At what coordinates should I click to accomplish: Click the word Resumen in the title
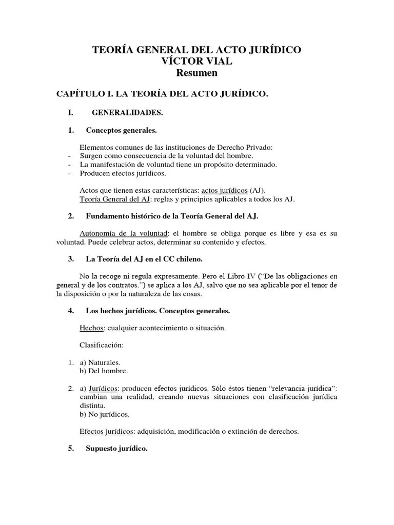(x=197, y=73)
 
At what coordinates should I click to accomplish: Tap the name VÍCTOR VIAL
(x=196, y=62)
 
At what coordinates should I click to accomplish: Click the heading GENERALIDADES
(x=127, y=112)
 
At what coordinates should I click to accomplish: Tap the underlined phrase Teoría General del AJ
(x=113, y=199)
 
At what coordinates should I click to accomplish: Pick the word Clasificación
(x=102, y=345)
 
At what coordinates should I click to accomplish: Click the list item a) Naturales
(x=100, y=362)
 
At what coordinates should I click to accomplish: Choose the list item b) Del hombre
(x=104, y=371)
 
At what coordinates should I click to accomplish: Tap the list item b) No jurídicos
(x=105, y=414)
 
